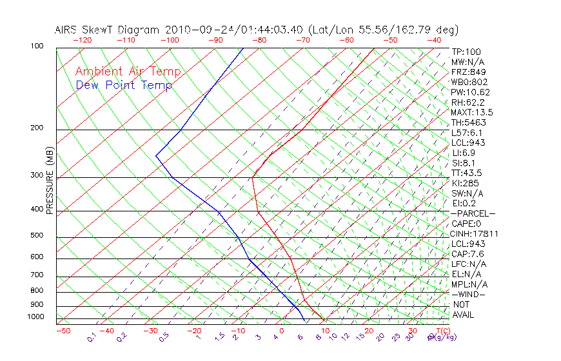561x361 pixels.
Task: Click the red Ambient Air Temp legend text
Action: tap(128, 72)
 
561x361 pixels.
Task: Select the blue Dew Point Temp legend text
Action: tap(124, 85)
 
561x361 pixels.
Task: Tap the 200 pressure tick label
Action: tap(37, 128)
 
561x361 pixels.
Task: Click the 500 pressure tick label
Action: tap(37, 236)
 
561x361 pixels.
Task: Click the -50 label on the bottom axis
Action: tap(63, 331)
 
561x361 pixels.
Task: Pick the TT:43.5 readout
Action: tap(467, 173)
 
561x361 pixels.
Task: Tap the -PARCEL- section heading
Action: tap(473, 213)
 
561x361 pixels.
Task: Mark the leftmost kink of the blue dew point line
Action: tap(156, 155)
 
